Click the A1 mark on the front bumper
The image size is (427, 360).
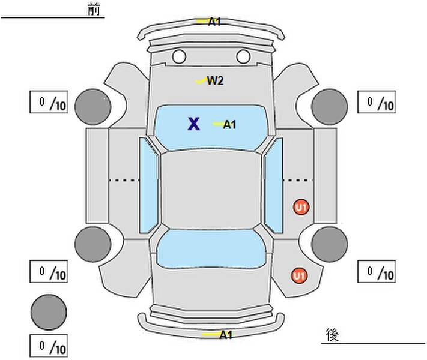pos(214,22)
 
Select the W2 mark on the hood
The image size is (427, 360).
pos(214,81)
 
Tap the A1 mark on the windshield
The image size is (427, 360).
pos(229,125)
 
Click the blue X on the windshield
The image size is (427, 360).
pos(193,124)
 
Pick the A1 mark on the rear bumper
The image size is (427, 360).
pos(225,335)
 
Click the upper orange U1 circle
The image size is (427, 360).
pos(301,208)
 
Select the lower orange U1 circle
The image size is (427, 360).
pos(298,275)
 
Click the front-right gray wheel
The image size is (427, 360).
pos(330,106)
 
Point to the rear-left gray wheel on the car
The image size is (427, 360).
pos(93,244)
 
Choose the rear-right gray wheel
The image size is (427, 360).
pos(330,244)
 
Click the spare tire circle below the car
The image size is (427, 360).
pos(49,311)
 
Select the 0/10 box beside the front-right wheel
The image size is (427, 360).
pos(377,103)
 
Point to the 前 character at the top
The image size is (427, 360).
pos(94,10)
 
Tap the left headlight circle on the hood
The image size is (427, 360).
pos(179,57)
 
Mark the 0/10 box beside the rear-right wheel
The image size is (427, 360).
pos(377,271)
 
